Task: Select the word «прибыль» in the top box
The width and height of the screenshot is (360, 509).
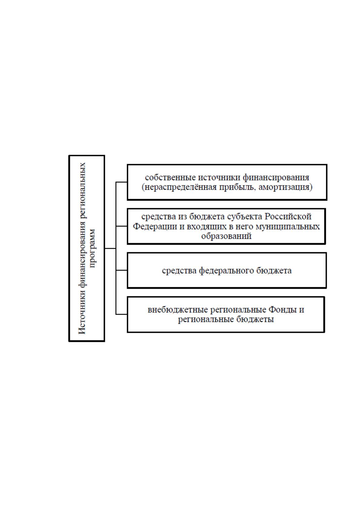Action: pos(238,187)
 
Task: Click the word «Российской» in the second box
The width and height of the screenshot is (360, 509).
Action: pos(288,216)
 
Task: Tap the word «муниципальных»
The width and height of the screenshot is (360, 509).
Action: pos(288,227)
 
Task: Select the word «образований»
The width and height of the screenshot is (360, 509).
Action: pos(226,236)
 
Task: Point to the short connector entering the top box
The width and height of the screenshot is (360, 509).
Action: pos(121,182)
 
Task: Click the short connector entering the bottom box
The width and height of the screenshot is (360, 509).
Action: pos(121,314)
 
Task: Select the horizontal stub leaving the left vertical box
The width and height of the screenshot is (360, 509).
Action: pos(110,248)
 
